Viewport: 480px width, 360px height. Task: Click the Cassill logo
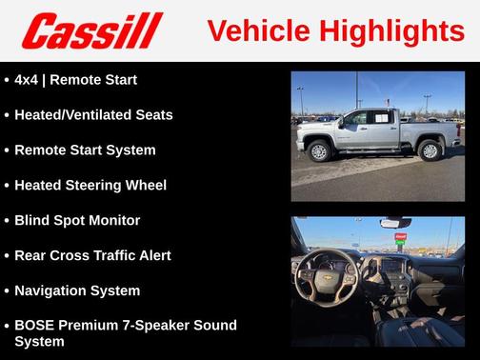coord(92,30)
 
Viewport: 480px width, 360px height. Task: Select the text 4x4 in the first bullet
coord(28,80)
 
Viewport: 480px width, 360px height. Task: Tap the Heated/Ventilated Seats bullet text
coord(93,115)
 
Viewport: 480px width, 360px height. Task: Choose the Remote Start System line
coord(85,150)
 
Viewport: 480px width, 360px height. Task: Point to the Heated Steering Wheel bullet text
coord(90,186)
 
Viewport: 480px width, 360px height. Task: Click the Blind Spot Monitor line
coord(77,221)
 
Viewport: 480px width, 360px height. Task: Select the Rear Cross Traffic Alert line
coord(92,256)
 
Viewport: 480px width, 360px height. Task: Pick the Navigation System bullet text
coord(77,291)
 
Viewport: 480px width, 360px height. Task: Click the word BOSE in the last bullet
coord(35,326)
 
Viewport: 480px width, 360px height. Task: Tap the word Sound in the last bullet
coord(212,326)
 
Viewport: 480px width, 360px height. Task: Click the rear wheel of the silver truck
coord(430,150)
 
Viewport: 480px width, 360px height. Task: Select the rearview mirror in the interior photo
coord(394,223)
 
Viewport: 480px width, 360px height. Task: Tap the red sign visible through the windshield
coord(400,236)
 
